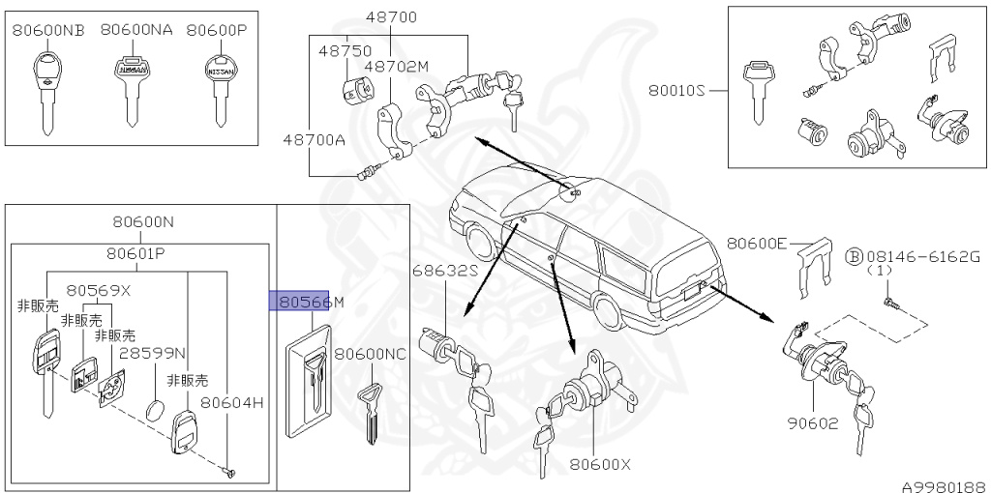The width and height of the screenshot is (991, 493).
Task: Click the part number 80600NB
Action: point(48,30)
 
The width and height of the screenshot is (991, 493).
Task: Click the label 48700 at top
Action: point(390,17)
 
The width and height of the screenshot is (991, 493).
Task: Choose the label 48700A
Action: point(314,140)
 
